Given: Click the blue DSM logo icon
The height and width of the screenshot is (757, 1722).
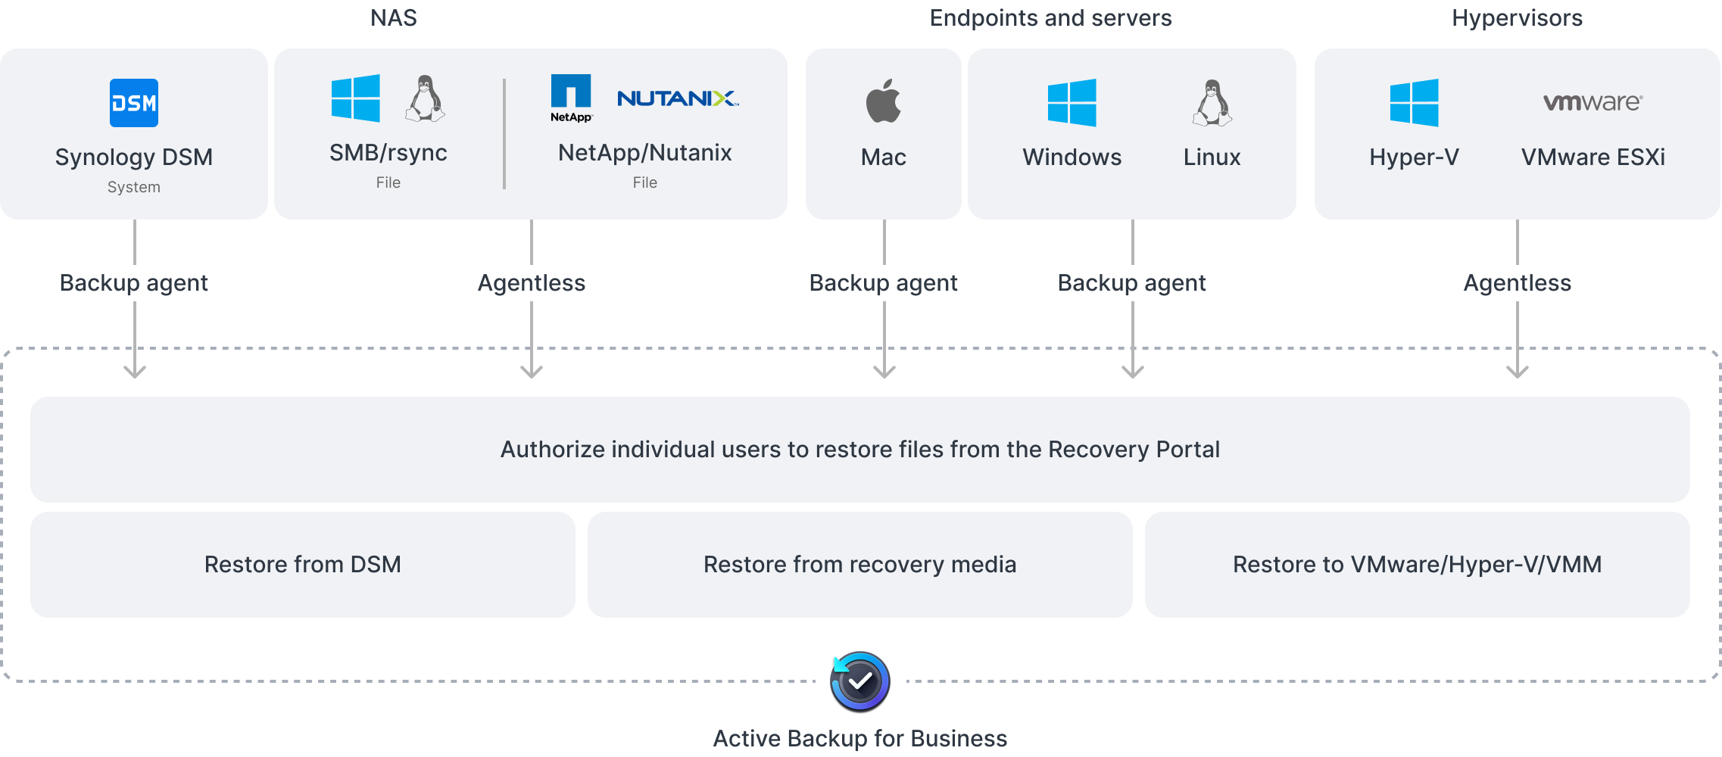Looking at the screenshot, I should pyautogui.click(x=134, y=103).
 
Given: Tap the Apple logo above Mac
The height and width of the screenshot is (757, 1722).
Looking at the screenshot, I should pyautogui.click(x=884, y=101).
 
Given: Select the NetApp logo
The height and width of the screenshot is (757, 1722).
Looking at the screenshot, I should pyautogui.click(x=571, y=98).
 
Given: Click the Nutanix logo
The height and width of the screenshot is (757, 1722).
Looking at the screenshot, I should pyautogui.click(x=678, y=98).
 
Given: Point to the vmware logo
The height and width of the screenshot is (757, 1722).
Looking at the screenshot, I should pyautogui.click(x=1593, y=102).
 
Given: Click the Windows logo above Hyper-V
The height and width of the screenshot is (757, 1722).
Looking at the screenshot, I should pyautogui.click(x=1414, y=102).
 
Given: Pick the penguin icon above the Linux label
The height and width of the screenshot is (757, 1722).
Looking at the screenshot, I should pyautogui.click(x=1212, y=102).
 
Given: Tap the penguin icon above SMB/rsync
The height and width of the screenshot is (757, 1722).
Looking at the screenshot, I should pyautogui.click(x=425, y=98).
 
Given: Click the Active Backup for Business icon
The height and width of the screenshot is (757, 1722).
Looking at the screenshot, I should pyautogui.click(x=860, y=681).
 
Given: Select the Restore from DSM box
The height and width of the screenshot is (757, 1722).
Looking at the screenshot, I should pyautogui.click(x=303, y=565).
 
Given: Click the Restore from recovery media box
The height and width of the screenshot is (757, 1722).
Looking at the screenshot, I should pyautogui.click(x=860, y=565).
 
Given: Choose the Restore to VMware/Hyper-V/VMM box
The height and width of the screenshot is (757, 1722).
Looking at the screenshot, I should pyautogui.click(x=1417, y=565).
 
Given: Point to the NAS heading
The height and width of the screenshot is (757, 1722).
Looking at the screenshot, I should pyautogui.click(x=394, y=17).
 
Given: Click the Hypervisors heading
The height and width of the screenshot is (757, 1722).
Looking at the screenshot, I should pyautogui.click(x=1517, y=17).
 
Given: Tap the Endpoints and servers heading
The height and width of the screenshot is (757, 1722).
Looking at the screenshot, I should pyautogui.click(x=1050, y=17).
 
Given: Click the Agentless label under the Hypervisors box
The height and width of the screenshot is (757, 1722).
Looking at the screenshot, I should pyautogui.click(x=1517, y=283).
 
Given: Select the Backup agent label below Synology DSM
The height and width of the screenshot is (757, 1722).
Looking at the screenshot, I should pyautogui.click(x=134, y=283).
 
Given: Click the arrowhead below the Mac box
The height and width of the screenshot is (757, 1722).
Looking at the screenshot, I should pyautogui.click(x=884, y=371).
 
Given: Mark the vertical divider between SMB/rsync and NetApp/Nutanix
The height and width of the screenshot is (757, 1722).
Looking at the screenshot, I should pyautogui.click(x=504, y=133).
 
